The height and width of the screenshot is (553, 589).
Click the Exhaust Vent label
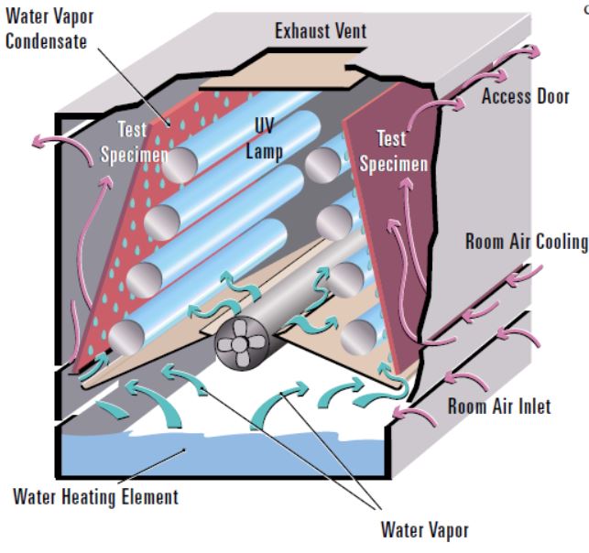tap(320, 31)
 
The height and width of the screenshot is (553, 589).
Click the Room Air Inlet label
tap(500, 406)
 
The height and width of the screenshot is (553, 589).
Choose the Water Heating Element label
tap(96, 498)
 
